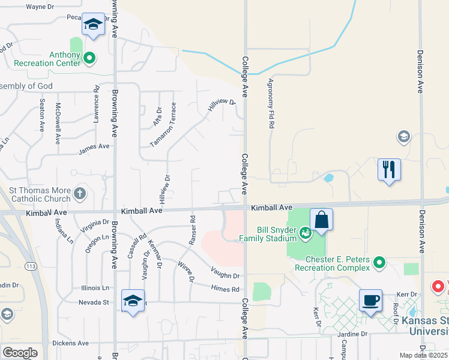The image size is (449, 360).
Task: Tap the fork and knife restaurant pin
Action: [x=389, y=170]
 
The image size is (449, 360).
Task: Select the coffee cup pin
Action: [x=370, y=300]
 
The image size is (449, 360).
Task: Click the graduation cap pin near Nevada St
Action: [x=133, y=300]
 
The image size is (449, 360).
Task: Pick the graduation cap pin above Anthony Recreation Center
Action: [x=93, y=25]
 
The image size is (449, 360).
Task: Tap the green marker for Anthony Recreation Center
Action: [x=89, y=58]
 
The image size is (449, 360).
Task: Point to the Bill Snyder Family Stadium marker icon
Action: [x=306, y=232]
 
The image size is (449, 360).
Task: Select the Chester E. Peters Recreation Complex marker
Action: [x=379, y=262]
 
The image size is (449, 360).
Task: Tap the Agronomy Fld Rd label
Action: [x=271, y=104]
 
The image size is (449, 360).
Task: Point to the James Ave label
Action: [x=94, y=147]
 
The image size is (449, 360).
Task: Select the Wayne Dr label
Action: [x=40, y=7]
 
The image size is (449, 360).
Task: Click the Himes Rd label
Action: [x=225, y=289]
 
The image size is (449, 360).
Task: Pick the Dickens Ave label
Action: [x=71, y=343]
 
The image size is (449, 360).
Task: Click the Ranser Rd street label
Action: [x=192, y=230]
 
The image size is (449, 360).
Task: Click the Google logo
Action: [x=19, y=353]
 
